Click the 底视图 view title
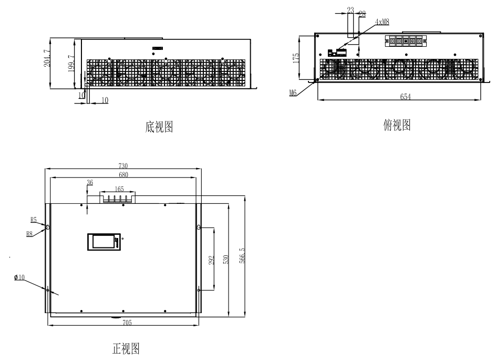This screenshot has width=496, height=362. (x=159, y=127)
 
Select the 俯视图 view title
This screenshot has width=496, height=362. (x=397, y=125)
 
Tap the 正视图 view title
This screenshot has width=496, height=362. (x=126, y=348)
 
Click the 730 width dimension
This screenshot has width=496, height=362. (x=123, y=166)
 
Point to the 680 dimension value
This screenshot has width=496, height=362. (x=123, y=174)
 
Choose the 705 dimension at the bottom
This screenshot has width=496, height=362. (x=127, y=323)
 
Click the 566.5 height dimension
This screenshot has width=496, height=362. (x=242, y=255)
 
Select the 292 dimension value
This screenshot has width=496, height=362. (x=211, y=260)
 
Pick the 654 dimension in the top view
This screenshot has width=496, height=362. (x=405, y=97)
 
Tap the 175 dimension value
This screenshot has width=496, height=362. (x=296, y=58)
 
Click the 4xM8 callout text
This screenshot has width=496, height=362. (x=382, y=22)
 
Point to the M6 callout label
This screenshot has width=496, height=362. (x=293, y=92)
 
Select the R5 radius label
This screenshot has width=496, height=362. (x=34, y=220)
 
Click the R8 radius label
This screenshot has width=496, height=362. (x=29, y=234)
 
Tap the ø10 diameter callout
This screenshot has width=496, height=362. (x=19, y=277)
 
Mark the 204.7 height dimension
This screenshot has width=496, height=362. (x=46, y=58)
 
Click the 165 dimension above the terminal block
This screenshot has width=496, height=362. (x=119, y=189)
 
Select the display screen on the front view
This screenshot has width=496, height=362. (x=104, y=242)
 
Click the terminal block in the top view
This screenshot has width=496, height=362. (x=406, y=41)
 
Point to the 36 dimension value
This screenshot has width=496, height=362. (x=90, y=182)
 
